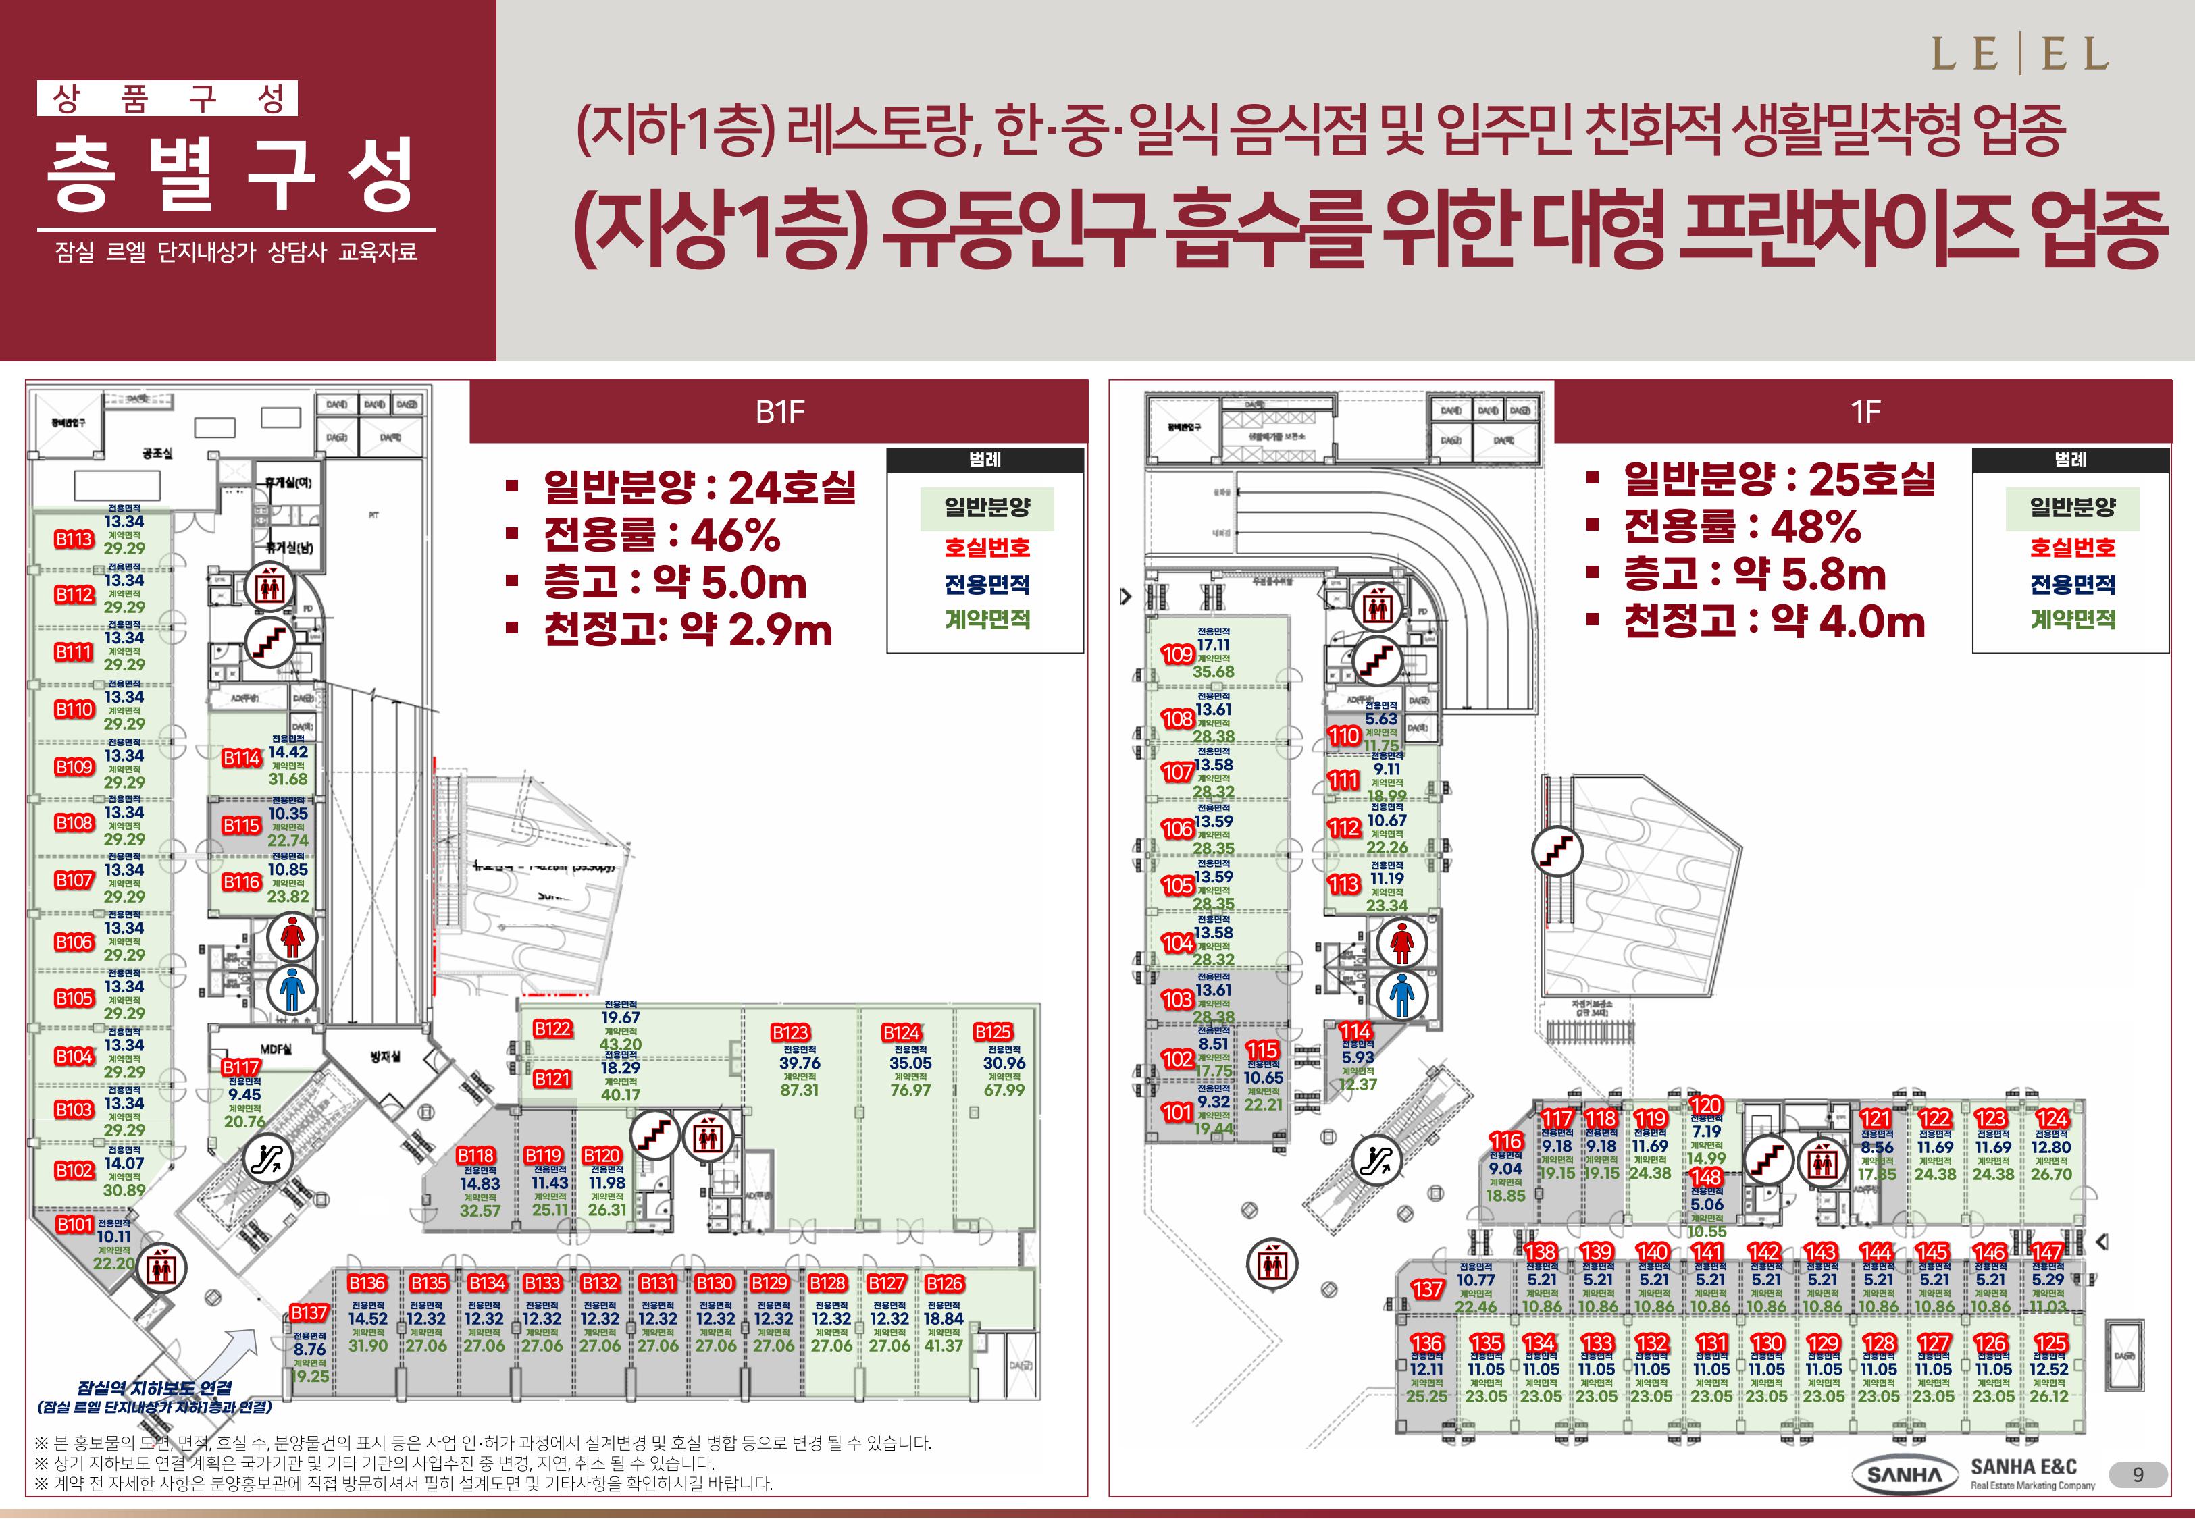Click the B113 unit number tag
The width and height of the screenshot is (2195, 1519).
coord(74,539)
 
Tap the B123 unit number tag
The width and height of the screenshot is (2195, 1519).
coord(790,1033)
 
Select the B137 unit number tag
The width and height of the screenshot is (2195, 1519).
coord(309,1313)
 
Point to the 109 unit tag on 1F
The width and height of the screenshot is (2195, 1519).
coord(1177,655)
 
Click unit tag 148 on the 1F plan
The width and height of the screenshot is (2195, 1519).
coord(1706,1178)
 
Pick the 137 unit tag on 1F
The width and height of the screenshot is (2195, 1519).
coord(1427,1289)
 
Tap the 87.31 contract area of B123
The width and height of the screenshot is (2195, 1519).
coord(800,1090)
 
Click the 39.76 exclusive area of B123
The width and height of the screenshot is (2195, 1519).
coord(800,1063)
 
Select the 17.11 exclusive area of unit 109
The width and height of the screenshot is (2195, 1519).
coord(1214,644)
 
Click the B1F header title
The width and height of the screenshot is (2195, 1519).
coord(779,411)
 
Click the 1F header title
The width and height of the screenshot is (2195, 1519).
coord(1865,411)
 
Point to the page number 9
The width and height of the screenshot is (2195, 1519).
coord(2138,1474)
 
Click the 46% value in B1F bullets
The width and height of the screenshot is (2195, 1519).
coord(735,536)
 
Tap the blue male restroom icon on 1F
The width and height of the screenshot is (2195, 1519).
coord(1401,996)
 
